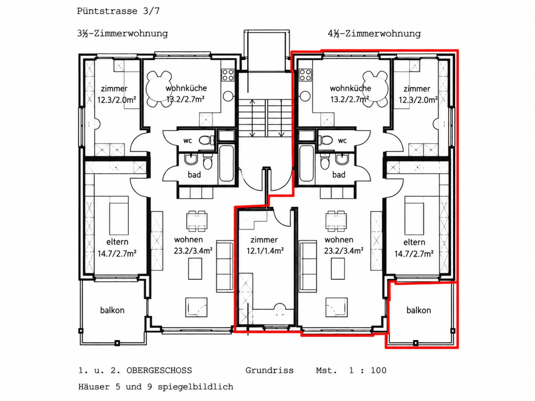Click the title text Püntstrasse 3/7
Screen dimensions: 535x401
pos(118,11)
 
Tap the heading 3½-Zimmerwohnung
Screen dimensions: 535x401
pos(123,33)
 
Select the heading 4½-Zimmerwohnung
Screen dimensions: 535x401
pos(374,33)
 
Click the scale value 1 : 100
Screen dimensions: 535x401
pos(368,370)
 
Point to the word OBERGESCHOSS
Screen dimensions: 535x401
pos(159,370)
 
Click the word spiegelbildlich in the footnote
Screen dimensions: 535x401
pos(195,387)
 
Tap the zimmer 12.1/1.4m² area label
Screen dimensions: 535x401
pos(265,245)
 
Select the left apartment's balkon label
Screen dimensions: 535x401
pos(112,310)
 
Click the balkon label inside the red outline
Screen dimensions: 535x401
pos(419,310)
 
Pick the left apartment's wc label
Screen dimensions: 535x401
pos(188,141)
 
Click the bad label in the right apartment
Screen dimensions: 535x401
pos(339,175)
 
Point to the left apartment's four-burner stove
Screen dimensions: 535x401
pos(228,75)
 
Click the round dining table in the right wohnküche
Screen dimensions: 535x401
pos(375,89)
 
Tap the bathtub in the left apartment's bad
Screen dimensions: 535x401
pos(226,163)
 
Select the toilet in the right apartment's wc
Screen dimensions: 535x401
pos(325,140)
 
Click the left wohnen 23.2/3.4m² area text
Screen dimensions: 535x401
pos(193,245)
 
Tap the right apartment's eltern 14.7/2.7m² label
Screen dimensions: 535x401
pos(414,248)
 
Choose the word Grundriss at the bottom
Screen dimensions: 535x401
pos(269,370)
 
